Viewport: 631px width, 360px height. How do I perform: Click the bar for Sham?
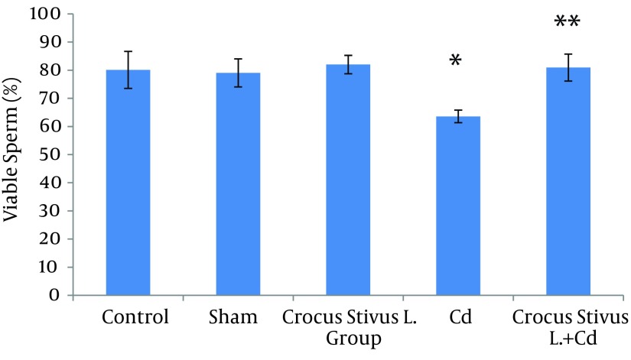[238, 183]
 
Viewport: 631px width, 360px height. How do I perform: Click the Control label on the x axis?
[135, 317]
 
